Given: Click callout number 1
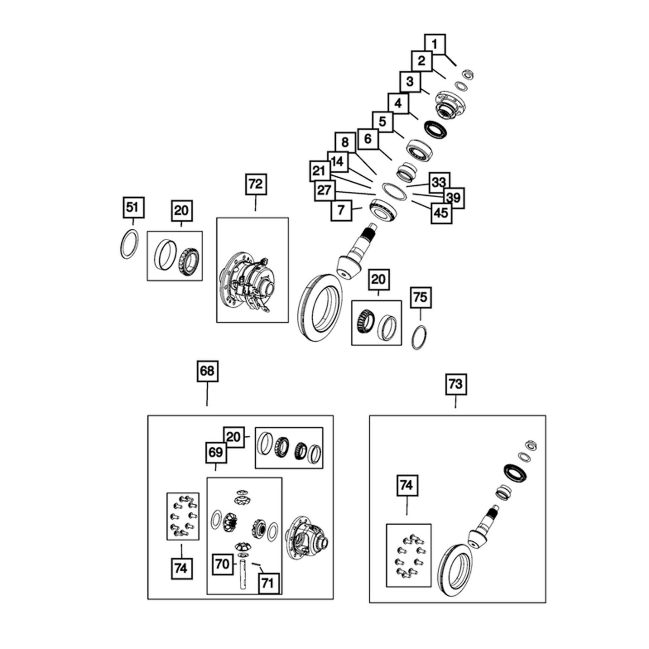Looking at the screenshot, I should click(x=435, y=44).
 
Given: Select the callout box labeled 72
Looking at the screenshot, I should click(x=255, y=184).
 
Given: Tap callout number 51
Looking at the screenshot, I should click(x=132, y=208).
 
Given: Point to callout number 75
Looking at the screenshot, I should click(x=420, y=297).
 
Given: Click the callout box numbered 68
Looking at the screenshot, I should click(x=207, y=371).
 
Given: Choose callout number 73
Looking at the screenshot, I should click(x=455, y=384).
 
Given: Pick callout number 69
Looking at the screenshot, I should click(x=215, y=452).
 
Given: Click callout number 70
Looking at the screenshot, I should click(x=222, y=564).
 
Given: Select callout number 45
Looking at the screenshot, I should click(x=441, y=213).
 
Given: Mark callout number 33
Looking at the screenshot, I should click(x=439, y=183).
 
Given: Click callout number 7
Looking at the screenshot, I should click(x=341, y=210).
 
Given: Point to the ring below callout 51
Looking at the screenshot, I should click(x=129, y=244).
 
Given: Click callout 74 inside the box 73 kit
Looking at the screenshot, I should click(x=406, y=485).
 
